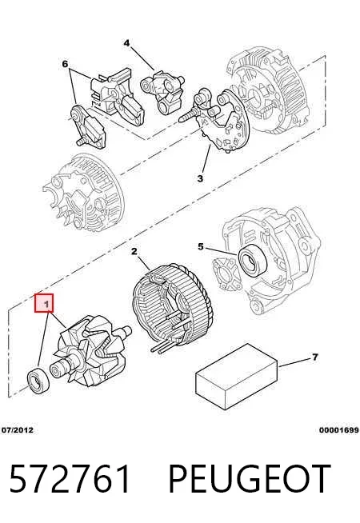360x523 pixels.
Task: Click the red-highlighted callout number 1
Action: click(44, 303)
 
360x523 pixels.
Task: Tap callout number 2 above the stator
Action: click(134, 251)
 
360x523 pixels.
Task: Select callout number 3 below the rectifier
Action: click(200, 178)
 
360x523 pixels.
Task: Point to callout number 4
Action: click(126, 43)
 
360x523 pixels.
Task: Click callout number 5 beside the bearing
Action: click(200, 246)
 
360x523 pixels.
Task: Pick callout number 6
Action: click(65, 63)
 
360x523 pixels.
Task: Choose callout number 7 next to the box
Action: click(315, 357)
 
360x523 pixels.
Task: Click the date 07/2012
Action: click(18, 430)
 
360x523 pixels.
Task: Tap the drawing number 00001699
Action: click(338, 430)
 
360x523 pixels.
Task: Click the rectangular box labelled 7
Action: click(237, 376)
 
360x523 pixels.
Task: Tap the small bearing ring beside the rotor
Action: click(38, 380)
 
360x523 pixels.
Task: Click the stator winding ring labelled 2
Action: click(173, 308)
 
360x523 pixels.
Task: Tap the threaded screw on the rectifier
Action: click(190, 114)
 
